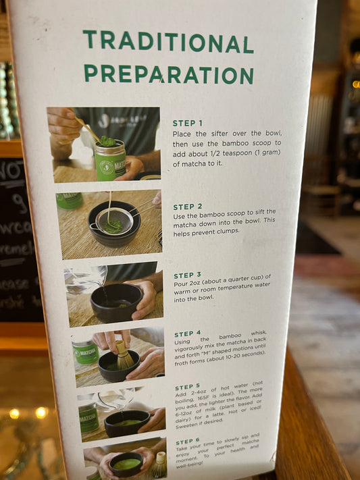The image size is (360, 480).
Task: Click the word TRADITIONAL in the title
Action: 168,42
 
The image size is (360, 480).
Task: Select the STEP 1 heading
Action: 187,123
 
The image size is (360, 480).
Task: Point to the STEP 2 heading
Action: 188,207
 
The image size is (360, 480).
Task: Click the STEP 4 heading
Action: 188,334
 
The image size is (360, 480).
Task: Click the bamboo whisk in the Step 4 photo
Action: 124,356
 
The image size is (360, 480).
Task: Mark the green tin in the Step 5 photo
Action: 89,417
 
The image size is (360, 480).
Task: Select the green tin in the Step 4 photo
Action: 86,354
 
